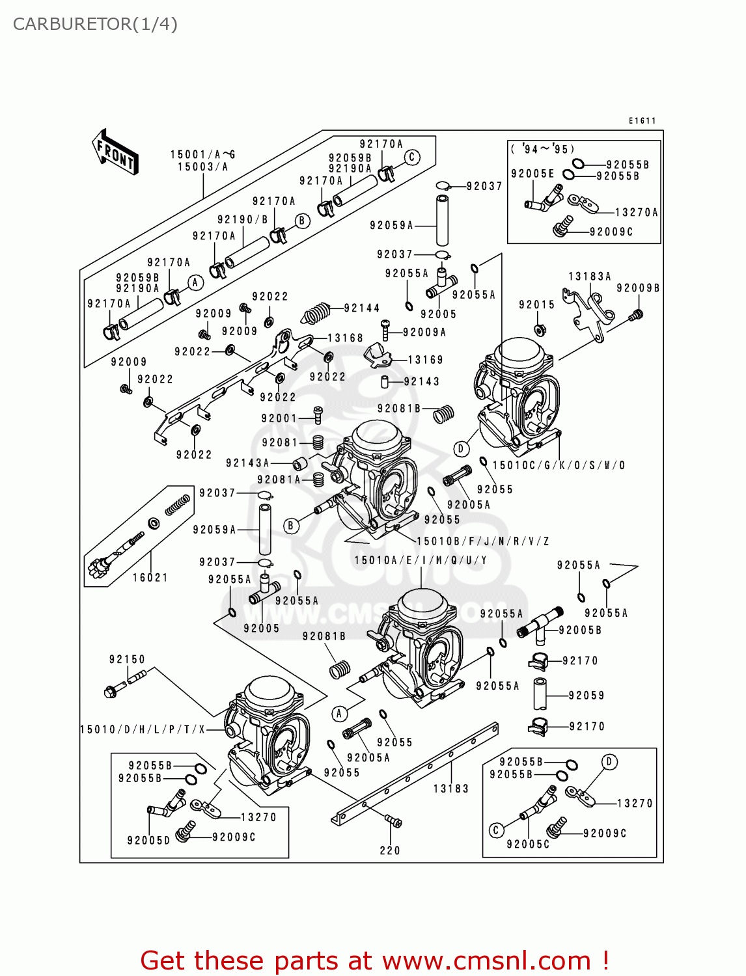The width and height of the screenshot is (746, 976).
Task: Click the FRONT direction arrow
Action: (115, 152)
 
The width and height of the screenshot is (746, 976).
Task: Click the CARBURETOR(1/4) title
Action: (95, 24)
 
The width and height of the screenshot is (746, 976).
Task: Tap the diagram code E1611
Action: (642, 120)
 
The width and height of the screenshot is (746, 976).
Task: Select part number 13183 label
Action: (450, 789)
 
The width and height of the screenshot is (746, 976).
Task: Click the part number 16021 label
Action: (150, 577)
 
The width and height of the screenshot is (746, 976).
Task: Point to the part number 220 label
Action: (390, 850)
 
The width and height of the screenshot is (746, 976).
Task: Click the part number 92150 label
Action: (127, 659)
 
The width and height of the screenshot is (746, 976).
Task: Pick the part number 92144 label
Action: (362, 308)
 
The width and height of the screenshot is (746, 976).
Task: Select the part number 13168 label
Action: (345, 338)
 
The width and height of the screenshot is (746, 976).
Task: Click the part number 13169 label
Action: (425, 359)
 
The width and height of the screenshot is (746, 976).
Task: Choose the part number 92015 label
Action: (536, 305)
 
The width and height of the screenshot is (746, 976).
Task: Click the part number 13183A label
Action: (590, 276)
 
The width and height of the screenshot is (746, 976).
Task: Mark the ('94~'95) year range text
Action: (543, 149)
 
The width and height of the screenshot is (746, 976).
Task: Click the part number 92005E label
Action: (532, 173)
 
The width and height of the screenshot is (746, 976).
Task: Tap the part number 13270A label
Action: (637, 212)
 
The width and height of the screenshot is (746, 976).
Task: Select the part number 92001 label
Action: (279, 418)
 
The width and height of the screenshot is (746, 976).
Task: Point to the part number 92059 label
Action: (587, 696)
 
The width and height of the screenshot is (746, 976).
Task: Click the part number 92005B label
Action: (580, 630)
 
